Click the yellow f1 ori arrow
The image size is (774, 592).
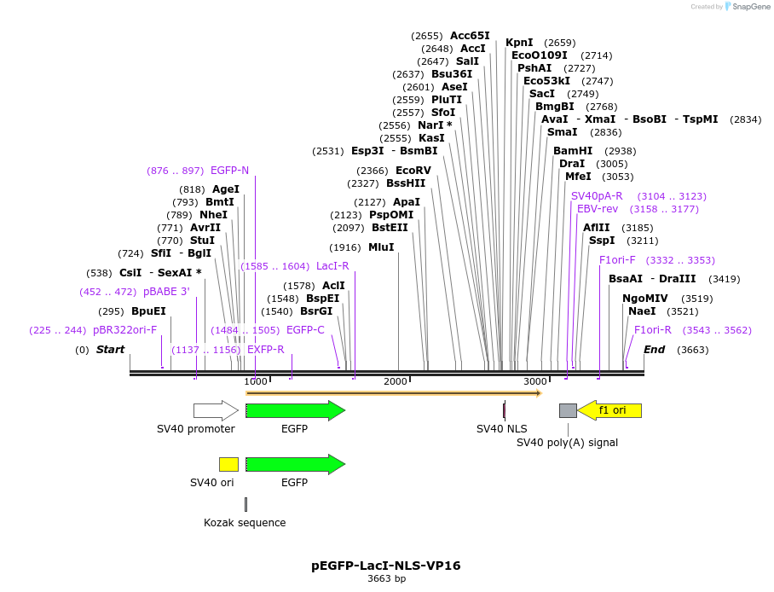click(609, 410)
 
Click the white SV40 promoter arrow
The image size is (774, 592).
click(216, 410)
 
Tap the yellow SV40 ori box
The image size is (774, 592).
click(228, 464)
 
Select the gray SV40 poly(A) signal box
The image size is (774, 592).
click(568, 410)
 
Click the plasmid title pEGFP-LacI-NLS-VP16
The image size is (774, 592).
click(386, 566)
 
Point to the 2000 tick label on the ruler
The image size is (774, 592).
click(396, 381)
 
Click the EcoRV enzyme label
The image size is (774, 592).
click(413, 171)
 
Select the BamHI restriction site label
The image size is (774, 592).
click(573, 151)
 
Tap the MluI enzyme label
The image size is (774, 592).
click(381, 247)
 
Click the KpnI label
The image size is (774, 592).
click(519, 43)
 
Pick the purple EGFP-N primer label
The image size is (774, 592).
click(230, 171)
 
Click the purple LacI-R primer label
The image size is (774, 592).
click(332, 266)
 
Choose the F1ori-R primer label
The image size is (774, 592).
click(653, 330)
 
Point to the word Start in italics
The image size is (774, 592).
click(110, 350)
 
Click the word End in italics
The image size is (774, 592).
click(654, 350)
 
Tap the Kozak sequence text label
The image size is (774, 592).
click(245, 523)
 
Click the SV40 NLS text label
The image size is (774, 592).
click(501, 428)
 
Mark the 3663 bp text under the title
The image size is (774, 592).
click(386, 579)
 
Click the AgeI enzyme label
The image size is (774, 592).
click(226, 189)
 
